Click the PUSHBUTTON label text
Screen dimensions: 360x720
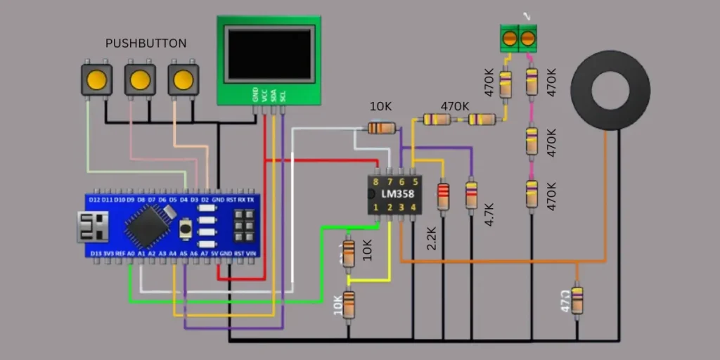(x=146, y=44)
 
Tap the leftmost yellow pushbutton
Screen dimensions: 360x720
(x=97, y=79)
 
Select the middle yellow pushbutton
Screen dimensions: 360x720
(x=140, y=79)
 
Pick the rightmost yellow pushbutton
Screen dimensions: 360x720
(x=183, y=79)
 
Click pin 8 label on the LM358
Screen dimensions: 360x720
(x=376, y=181)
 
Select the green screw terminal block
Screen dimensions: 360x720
(x=517, y=38)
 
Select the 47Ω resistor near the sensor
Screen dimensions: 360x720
(x=577, y=299)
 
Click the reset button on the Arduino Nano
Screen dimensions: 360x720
(x=186, y=228)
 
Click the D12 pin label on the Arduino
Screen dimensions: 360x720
(x=96, y=200)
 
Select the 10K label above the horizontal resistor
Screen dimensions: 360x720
(x=380, y=107)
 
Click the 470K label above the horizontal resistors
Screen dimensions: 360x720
(x=455, y=106)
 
